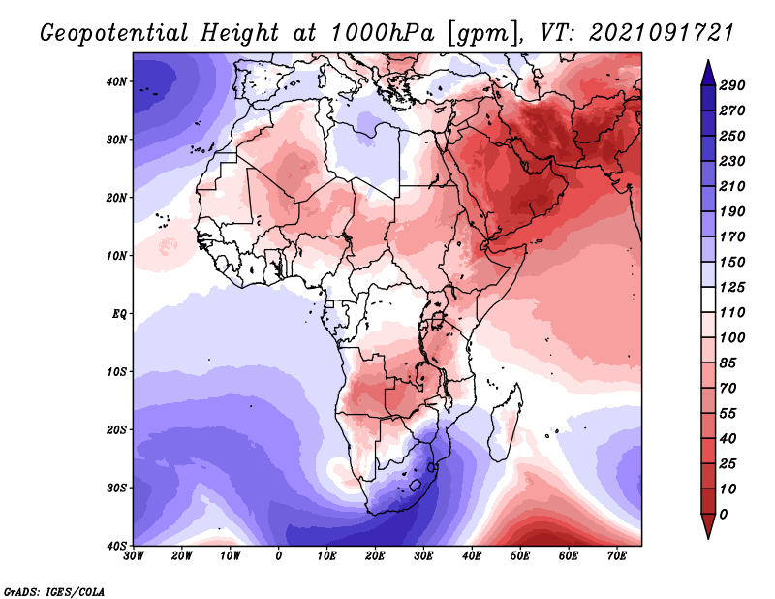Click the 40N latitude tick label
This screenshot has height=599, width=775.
coord(115,81)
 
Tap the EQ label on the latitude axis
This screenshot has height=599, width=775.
coord(119,314)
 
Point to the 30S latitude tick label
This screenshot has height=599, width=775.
coord(116,489)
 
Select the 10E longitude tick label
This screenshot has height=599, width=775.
coord(326,556)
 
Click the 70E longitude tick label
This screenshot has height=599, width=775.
coord(616,556)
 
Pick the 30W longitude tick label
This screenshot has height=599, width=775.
coord(134,556)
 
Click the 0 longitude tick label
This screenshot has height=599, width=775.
coord(279,556)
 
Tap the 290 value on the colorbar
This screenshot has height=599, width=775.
coord(732,85)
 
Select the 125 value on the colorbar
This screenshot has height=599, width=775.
coord(732,287)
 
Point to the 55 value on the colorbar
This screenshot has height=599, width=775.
coord(728,414)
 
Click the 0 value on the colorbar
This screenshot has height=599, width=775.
coord(724,515)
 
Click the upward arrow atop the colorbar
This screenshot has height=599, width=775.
coord(708,73)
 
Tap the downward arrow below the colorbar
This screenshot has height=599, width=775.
coord(708,526)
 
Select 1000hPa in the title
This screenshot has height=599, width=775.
coord(383,33)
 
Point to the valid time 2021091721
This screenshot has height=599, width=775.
coord(662,33)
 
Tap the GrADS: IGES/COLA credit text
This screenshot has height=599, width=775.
coord(54,592)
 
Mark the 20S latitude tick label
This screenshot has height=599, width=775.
coord(116,429)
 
